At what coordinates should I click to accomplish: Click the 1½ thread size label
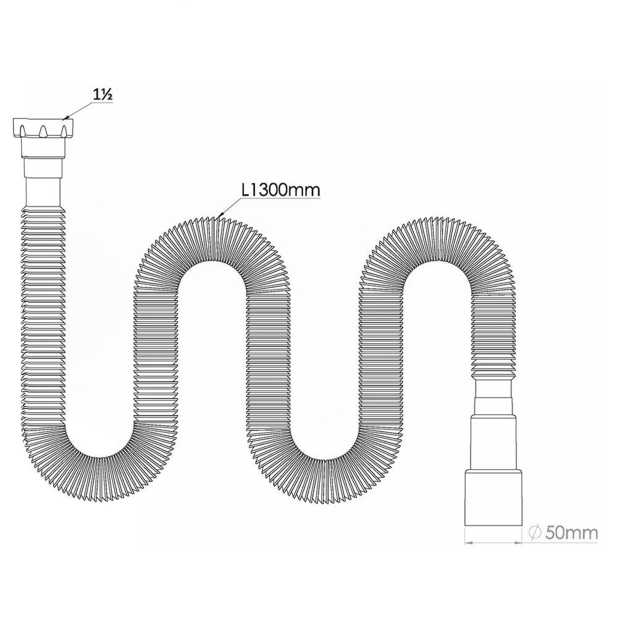(103, 95)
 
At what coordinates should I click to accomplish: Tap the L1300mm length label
(280, 190)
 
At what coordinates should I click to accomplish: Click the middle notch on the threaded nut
(43, 131)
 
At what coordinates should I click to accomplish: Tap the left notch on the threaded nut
(23, 131)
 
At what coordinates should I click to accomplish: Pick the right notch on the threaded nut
(62, 131)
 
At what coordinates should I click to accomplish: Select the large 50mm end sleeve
(493, 497)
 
